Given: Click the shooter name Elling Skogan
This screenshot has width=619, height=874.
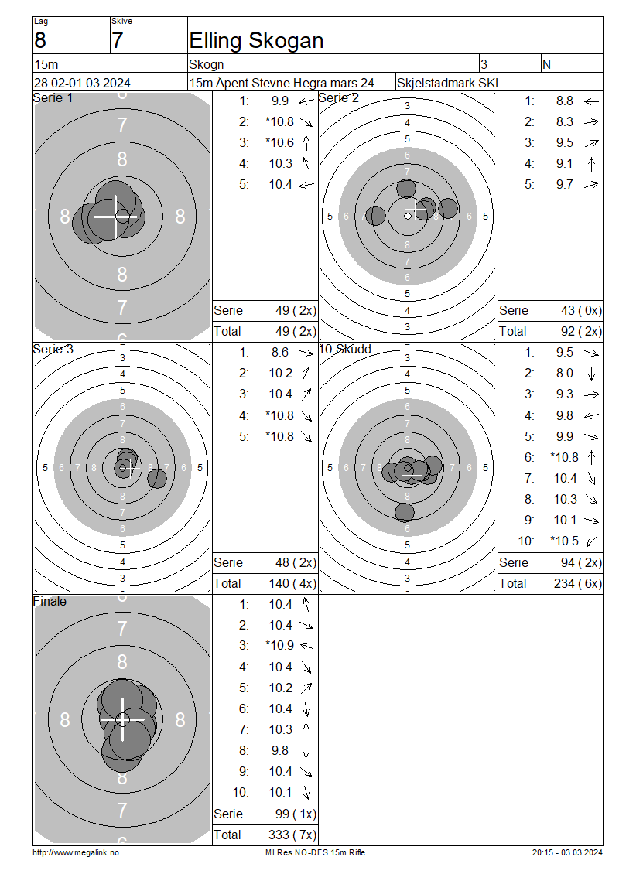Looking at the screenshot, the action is tap(256, 41).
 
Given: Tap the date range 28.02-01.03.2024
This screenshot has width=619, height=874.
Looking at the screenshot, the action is tap(83, 83).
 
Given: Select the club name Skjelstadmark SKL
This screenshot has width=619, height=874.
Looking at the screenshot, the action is tap(449, 83).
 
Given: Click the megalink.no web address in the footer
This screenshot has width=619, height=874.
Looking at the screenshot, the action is tap(76, 852).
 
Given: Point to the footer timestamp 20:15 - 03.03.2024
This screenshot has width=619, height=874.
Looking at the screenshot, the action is tap(567, 852).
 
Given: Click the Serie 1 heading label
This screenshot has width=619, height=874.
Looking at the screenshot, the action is tap(53, 98).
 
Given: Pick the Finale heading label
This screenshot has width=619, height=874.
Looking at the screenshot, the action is tap(50, 602).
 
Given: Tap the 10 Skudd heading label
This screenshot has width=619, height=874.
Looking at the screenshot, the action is tap(344, 349).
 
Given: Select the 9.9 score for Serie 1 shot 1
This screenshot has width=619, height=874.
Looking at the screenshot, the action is tap(280, 101).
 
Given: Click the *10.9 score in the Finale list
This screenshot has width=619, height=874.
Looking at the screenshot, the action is tap(279, 646).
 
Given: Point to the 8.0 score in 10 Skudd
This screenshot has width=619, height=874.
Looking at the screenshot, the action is tap(564, 373).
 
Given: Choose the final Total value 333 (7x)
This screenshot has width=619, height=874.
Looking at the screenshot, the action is tap(292, 835).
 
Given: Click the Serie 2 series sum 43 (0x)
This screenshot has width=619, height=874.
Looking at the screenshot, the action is tap(581, 310).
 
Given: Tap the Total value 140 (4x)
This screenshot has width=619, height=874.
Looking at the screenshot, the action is tap(292, 584).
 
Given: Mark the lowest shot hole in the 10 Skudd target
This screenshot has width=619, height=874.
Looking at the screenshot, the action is tap(405, 512).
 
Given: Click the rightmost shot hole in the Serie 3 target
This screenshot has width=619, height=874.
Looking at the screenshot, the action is tap(157, 478).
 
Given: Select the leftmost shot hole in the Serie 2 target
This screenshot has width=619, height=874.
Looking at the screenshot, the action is tap(376, 216).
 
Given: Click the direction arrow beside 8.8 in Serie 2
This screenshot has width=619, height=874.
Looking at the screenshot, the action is tap(591, 101).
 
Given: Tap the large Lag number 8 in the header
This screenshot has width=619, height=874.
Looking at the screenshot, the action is tap(40, 41).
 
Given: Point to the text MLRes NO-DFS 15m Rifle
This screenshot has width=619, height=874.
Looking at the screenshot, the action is tap(315, 852).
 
